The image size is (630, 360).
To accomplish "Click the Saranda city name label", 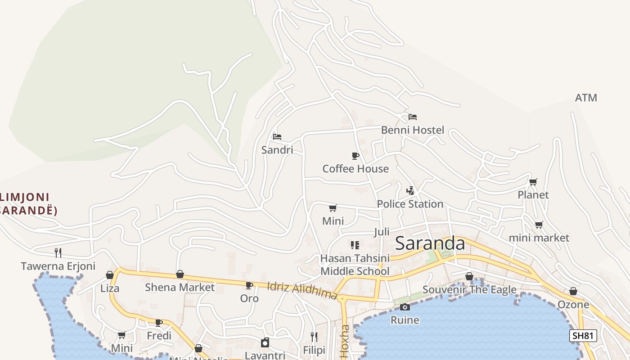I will (430, 243).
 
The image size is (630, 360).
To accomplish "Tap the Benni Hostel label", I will (412, 130).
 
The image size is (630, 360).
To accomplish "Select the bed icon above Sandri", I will (277, 136).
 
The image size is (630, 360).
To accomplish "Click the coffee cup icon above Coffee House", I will (355, 156).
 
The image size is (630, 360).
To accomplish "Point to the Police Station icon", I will (410, 191).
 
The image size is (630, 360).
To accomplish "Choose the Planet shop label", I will (533, 195).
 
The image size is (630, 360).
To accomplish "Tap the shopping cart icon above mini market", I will (539, 225).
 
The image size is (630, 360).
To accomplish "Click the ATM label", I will (586, 98).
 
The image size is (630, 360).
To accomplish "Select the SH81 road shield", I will (583, 336).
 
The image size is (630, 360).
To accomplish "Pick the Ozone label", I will (573, 305).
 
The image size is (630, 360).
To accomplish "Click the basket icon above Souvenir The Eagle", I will (469, 276).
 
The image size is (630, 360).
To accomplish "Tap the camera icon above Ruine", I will (405, 307).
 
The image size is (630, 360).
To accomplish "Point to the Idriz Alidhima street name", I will (302, 291).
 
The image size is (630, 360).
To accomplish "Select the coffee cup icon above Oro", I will (249, 285).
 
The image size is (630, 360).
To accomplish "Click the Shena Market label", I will (180, 287).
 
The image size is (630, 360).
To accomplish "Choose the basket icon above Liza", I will (110, 275).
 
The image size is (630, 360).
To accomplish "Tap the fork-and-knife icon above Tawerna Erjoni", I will (58, 252).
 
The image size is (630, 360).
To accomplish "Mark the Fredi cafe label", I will (159, 336).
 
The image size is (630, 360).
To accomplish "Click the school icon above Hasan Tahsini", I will (355, 245).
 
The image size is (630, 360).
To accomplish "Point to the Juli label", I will (382, 232).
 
